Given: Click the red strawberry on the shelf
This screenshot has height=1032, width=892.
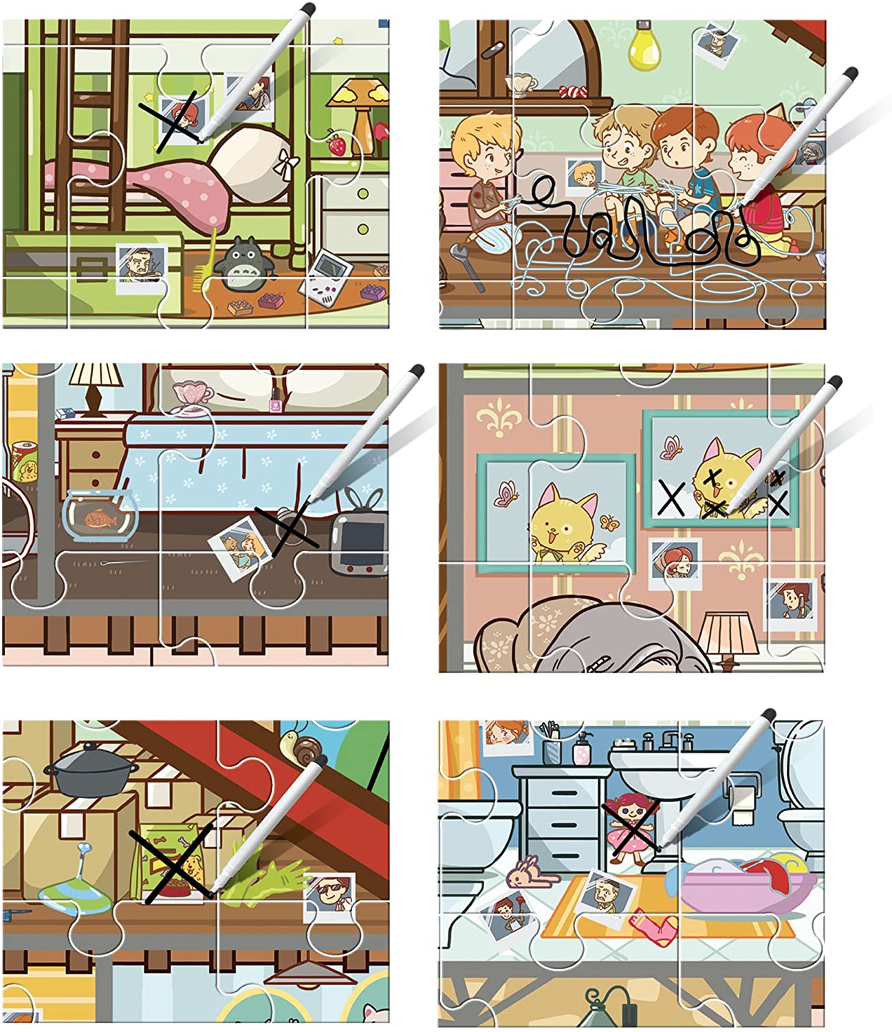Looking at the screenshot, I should [x=336, y=145].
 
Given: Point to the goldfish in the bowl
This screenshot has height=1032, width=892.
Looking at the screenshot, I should [x=100, y=519].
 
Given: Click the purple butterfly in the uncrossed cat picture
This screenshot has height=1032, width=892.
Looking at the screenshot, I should [x=507, y=494].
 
